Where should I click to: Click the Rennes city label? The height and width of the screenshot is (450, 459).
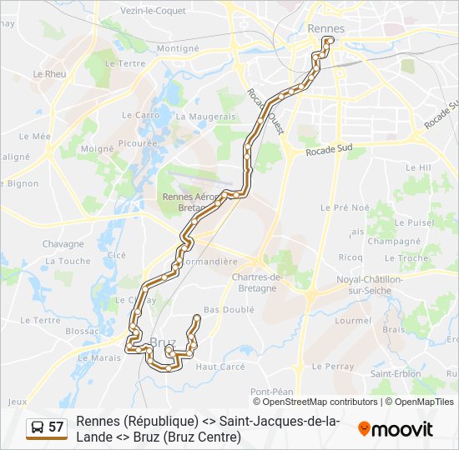pyautogui.click(x=325, y=28)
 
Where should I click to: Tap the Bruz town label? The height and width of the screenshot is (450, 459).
pyautogui.click(x=164, y=342)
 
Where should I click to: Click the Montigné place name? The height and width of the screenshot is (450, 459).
pyautogui.click(x=178, y=48)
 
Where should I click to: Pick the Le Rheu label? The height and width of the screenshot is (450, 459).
pyautogui.click(x=49, y=73)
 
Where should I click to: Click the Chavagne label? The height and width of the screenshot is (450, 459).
pyautogui.click(x=63, y=244)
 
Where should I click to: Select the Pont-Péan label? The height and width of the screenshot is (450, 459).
pyautogui.click(x=271, y=392)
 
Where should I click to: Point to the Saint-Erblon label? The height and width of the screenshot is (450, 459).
pyautogui.click(x=396, y=373)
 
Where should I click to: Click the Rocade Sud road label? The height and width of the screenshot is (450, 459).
pyautogui.click(x=330, y=152)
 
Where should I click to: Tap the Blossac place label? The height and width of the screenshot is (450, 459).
pyautogui.click(x=82, y=330)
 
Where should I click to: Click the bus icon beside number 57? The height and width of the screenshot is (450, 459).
pyautogui.click(x=37, y=427)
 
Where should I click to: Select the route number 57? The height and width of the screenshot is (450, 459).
pyautogui.click(x=56, y=427)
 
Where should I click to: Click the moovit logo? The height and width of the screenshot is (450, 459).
pyautogui.click(x=396, y=429)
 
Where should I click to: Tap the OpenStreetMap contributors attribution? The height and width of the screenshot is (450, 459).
pyautogui.click(x=317, y=402)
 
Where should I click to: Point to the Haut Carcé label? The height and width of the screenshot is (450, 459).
pyautogui.click(x=219, y=366)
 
